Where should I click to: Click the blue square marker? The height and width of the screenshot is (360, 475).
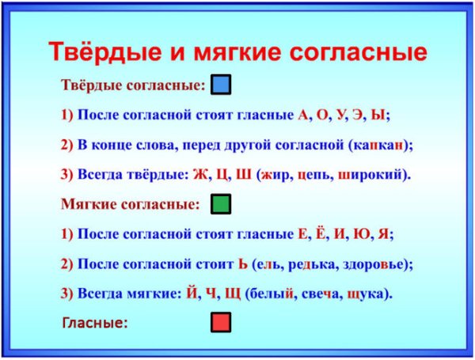(222, 85)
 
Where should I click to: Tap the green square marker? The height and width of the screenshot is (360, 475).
(222, 205)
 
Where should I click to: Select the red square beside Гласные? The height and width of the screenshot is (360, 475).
(222, 322)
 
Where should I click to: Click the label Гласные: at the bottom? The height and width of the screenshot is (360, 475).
(94, 322)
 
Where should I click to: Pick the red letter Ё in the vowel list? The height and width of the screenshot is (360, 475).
(318, 233)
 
